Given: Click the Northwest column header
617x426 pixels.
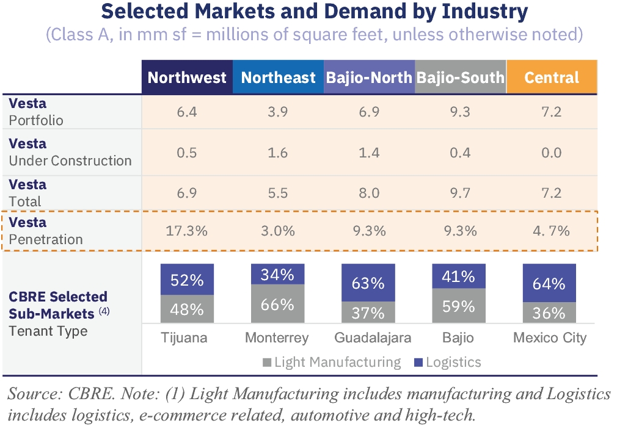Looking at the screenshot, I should (187, 78).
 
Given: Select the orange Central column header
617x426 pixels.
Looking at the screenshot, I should (552, 78).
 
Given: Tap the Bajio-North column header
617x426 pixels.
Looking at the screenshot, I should (369, 78).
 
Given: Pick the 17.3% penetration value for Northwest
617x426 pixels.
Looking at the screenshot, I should (186, 231).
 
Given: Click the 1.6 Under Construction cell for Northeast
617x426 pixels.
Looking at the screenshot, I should (278, 153).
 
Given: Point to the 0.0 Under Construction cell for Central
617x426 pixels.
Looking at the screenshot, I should (552, 153).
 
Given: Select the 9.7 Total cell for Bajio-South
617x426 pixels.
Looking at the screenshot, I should (460, 193).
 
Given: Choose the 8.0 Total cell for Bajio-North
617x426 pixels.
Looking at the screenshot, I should (369, 193).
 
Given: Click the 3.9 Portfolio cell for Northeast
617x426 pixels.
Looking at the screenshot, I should (278, 112).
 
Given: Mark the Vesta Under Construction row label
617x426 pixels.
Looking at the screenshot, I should (70, 153).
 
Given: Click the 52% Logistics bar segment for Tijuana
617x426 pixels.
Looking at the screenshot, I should (187, 280).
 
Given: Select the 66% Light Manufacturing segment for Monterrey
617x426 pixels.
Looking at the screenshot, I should (278, 304).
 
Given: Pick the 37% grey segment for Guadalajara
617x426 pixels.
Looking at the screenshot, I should (369, 312).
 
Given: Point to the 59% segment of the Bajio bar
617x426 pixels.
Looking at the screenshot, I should (459, 305).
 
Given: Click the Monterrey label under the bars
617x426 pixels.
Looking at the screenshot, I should (277, 338).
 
